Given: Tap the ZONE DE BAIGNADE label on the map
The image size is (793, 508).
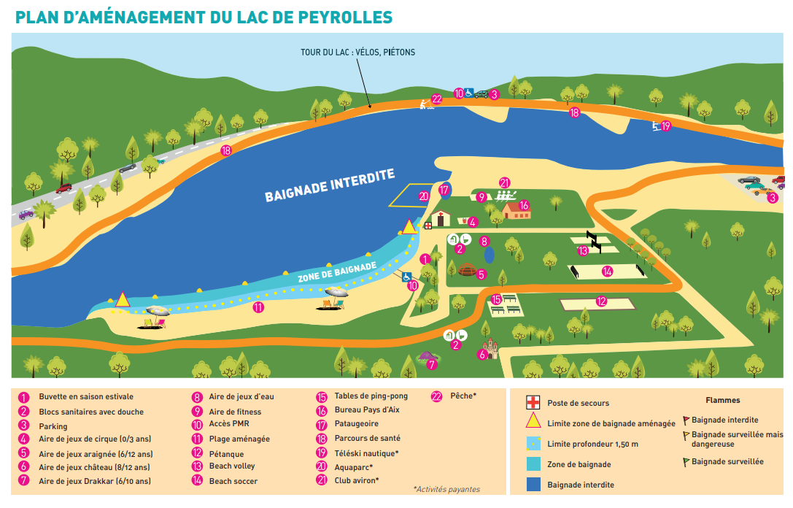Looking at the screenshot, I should point(337,272).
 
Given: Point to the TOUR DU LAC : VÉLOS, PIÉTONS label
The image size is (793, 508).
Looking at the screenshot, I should point(357,53).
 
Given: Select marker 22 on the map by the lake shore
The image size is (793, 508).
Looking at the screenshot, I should point(436,99).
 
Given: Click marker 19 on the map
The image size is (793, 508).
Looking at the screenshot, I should point(665,126).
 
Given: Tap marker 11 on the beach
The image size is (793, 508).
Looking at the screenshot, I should point(258,307).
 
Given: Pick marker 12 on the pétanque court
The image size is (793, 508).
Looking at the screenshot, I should point(601,301).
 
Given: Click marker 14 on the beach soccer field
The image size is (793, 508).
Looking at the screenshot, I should point(607,271).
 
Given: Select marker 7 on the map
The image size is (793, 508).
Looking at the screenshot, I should point(432,363).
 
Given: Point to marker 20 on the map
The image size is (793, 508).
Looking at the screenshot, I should point(424,196).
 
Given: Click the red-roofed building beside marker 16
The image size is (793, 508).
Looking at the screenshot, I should point(516,211).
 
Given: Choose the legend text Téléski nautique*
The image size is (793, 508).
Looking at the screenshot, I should point(366,453).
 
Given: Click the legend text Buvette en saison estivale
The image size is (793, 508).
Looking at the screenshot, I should point(86,397).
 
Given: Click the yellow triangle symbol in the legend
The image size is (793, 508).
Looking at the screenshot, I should point(533,422).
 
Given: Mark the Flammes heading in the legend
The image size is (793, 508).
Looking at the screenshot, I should point(722,400).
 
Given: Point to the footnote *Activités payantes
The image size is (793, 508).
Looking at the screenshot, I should point(446,489).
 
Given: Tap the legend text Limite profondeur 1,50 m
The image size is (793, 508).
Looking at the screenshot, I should point(592,444).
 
